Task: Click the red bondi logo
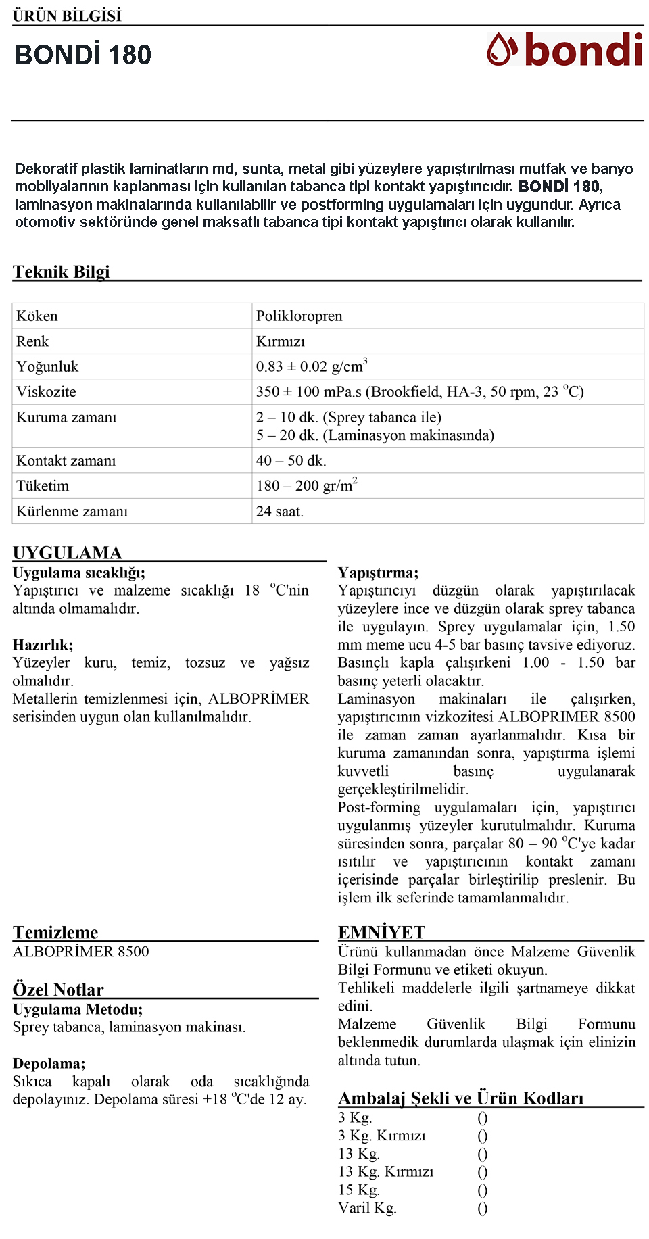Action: tap(564, 49)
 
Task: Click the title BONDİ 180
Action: tap(82, 55)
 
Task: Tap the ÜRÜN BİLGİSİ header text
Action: tap(67, 16)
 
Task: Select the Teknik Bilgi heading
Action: tap(61, 272)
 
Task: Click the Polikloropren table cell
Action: tap(299, 316)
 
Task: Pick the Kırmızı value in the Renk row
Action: tap(280, 341)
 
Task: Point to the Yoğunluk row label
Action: tap(47, 367)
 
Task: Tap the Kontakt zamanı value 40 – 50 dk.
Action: tap(291, 461)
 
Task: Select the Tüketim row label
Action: tap(43, 486)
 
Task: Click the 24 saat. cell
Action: tap(279, 512)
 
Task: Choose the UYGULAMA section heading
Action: tap(67, 553)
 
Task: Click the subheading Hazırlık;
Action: tap(43, 645)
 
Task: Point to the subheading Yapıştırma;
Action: tap(378, 573)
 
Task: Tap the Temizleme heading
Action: tap(55, 933)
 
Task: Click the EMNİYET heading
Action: tap(381, 933)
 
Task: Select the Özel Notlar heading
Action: tap(58, 990)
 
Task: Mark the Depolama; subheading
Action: tap(49, 1063)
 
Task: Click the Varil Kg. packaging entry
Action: tap(367, 1208)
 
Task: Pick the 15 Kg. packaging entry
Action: tap(359, 1190)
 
